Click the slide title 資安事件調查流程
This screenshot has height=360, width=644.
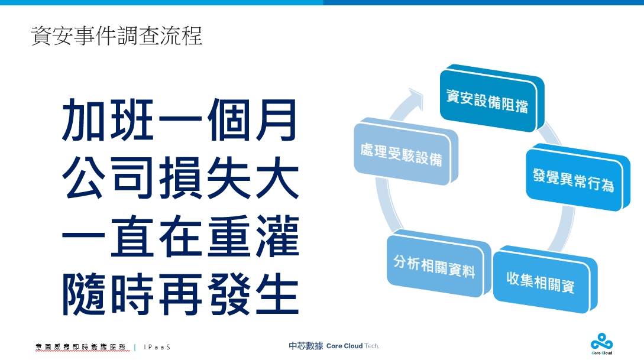point(116,35)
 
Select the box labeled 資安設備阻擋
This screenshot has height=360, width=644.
point(491,99)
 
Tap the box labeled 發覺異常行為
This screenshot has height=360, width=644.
point(577,177)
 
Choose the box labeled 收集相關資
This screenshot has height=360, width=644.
point(545,280)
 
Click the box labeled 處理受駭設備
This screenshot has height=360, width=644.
point(406,151)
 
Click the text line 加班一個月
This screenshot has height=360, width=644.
point(180,120)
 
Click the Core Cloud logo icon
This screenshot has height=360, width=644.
point(601,342)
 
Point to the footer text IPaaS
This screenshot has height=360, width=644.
point(157,347)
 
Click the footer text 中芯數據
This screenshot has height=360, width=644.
point(306,346)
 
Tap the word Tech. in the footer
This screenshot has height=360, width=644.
point(372,346)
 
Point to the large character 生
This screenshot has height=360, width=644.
point(277,294)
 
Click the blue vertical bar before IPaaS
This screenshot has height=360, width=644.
point(135,347)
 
